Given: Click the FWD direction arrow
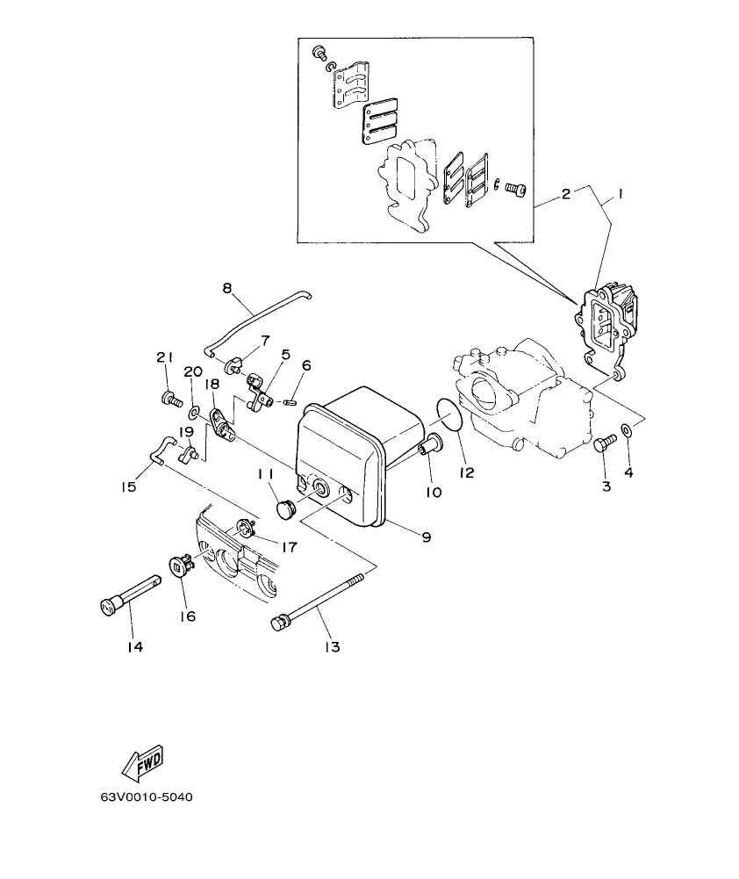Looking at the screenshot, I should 143,763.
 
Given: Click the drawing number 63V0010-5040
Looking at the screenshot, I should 147,798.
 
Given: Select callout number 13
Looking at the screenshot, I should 332,647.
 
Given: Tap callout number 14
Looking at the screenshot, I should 133,647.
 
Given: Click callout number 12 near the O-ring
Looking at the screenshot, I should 466,472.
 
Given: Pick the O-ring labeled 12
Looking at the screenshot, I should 448,414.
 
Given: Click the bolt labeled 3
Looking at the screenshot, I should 602,443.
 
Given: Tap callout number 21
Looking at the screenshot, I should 165,357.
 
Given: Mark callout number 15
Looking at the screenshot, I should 130,486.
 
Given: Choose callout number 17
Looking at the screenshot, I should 290,546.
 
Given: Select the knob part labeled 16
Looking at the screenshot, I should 181,566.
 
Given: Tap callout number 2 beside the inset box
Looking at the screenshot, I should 566,194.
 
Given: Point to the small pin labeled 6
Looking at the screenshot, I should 291,403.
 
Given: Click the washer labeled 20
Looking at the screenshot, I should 194,410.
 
